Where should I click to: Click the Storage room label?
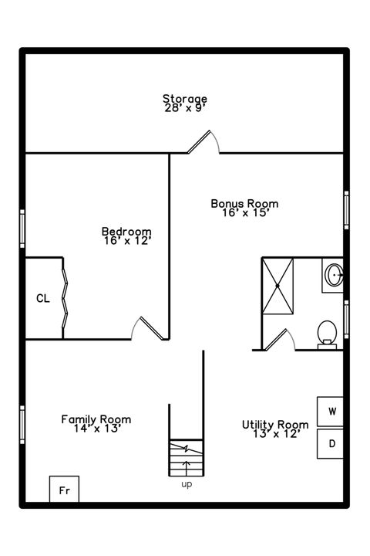pyautogui.click(x=184, y=98)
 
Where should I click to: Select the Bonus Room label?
pyautogui.click(x=244, y=204)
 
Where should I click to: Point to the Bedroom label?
pyautogui.click(x=126, y=232)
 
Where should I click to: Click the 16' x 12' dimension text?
pyautogui.click(x=126, y=241)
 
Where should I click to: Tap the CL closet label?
pyautogui.click(x=43, y=299)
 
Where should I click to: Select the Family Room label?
pyautogui.click(x=96, y=419)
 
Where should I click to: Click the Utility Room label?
pyautogui.click(x=275, y=424)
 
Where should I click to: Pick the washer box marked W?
pyautogui.click(x=332, y=411)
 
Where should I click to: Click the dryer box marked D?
pyautogui.click(x=332, y=444)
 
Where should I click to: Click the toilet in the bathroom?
pyautogui.click(x=327, y=333)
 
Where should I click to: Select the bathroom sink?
pyautogui.click(x=335, y=274)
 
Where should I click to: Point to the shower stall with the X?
pyautogui.click(x=277, y=286)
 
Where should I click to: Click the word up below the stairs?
pyautogui.click(x=186, y=484)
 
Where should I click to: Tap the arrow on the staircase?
pyautogui.click(x=186, y=466)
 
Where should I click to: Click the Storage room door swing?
pyautogui.click(x=205, y=141)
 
